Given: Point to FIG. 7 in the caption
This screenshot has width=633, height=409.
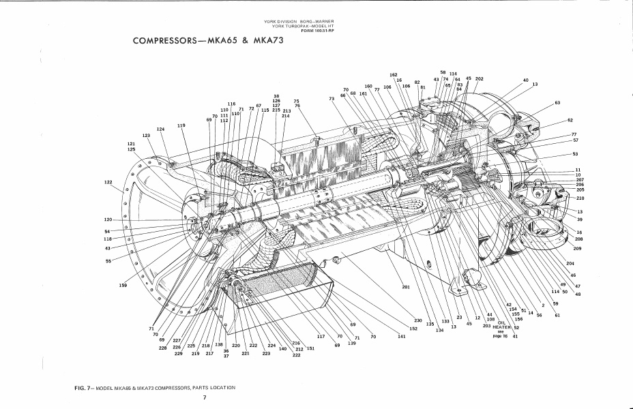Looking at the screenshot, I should tap(84, 387).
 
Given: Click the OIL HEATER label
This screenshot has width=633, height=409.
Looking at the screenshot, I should tap(501, 324).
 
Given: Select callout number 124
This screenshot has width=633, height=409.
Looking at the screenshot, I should tap(160, 129).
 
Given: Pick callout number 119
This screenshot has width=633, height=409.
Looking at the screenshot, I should tap(181, 125).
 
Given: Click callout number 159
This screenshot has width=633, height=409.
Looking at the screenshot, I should tap(123, 285).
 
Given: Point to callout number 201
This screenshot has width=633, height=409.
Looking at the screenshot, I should tap(406, 287).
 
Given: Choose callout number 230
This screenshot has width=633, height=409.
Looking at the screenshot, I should tap(418, 320).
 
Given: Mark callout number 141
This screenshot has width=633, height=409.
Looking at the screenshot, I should tap(402, 336).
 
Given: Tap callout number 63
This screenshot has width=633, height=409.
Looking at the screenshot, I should tap(557, 102).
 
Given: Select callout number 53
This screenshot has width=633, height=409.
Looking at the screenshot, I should tap(575, 154).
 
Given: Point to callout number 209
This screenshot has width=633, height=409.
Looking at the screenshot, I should tap(577, 248).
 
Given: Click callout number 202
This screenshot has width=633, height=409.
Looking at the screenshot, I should tap(479, 79).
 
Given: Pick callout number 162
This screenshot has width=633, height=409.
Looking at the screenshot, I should tap(394, 74).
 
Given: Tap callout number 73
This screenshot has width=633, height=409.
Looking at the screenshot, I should tap(332, 98).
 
